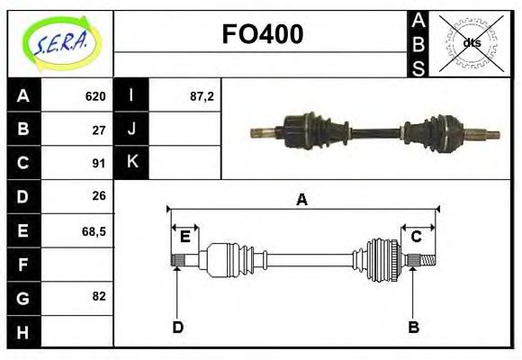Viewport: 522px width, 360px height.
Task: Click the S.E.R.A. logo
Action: coord(60,42)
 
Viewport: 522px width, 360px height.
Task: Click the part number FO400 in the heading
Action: coord(262,34)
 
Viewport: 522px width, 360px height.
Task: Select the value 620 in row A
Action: coord(95,96)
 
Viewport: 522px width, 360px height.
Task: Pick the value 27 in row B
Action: coord(99,130)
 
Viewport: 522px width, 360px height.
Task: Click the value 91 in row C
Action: coord(99,163)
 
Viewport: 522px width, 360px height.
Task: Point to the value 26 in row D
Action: coord(99,196)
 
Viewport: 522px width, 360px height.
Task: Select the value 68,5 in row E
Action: coord(94,230)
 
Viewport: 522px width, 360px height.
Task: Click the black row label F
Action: coord(23,265)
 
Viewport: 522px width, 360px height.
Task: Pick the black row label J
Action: coord(132,130)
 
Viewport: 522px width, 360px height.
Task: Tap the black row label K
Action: coord(132,163)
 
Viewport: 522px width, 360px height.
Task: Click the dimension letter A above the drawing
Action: coord(301,200)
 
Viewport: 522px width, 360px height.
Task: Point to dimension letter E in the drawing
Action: coord(184,237)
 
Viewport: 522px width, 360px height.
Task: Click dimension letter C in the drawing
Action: coord(417,237)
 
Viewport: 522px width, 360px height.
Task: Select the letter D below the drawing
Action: coord(177,327)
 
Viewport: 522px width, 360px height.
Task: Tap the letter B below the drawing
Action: coord(413,327)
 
